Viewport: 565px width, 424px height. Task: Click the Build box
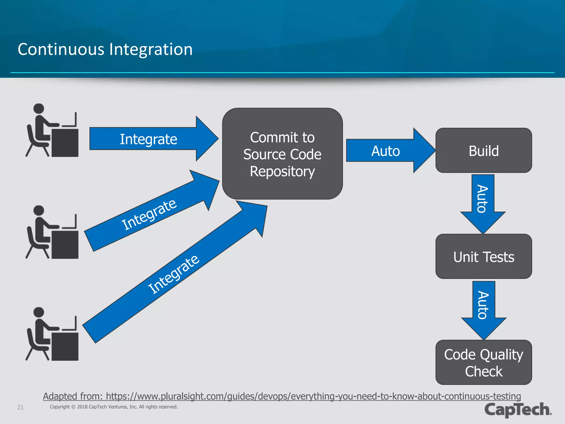(483, 150)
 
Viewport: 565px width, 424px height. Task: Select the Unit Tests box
(483, 256)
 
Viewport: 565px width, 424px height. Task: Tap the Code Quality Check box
(483, 362)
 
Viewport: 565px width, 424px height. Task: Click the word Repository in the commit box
(282, 171)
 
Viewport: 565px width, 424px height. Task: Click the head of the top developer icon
(39, 108)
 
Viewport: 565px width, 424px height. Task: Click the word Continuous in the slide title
(61, 50)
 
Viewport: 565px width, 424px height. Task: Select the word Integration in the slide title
(151, 50)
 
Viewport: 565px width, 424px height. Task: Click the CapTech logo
(518, 409)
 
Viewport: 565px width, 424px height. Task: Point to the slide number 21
(20, 407)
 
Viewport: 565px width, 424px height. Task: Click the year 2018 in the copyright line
(82, 407)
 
